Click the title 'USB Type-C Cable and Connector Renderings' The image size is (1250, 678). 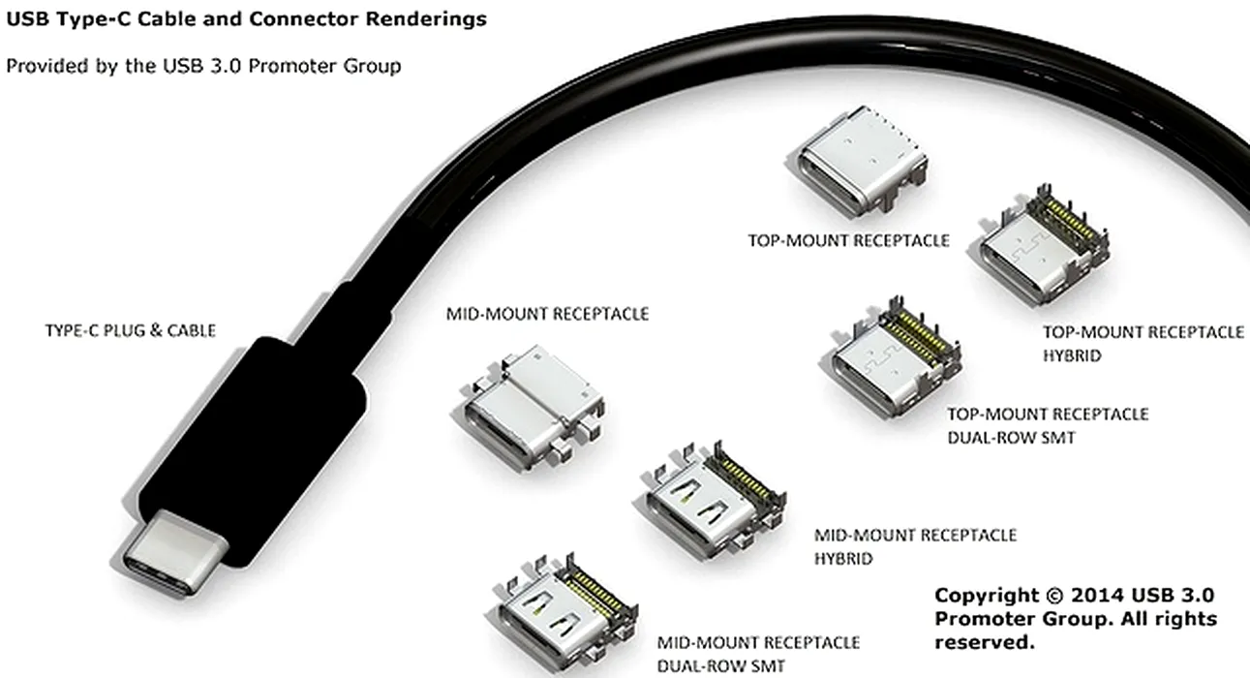[x=246, y=18]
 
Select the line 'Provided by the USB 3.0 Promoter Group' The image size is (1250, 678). [x=203, y=66]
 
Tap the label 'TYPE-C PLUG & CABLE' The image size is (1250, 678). [x=131, y=330]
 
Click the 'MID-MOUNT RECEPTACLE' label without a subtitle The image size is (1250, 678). [x=547, y=314]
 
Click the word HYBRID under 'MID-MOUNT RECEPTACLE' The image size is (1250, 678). [x=843, y=559]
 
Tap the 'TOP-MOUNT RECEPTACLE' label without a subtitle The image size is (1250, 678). [x=849, y=240]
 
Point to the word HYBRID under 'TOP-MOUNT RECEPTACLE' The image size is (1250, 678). [x=1072, y=355]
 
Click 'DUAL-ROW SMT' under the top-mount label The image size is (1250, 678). [x=1011, y=437]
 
